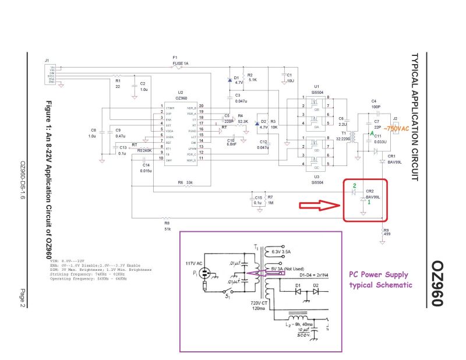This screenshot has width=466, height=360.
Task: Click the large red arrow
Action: [x=320, y=205]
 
